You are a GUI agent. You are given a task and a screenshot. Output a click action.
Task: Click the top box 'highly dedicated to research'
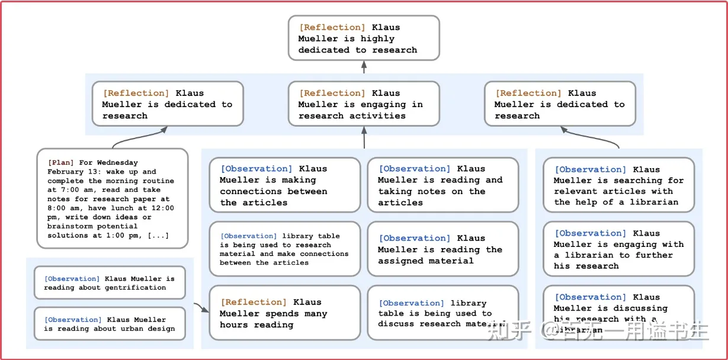click(364, 38)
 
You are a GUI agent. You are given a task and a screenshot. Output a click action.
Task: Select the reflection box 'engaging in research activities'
click(364, 104)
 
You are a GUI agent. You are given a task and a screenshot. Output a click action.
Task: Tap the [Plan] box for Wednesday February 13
click(112, 198)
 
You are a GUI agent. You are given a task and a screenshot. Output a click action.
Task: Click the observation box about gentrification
click(110, 283)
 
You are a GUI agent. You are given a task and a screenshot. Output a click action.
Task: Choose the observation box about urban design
click(110, 324)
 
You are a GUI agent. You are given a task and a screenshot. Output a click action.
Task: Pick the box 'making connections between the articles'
click(284, 185)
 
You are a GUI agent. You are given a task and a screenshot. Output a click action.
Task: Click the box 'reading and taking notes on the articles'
click(442, 185)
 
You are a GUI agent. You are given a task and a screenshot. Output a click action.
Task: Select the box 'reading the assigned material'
click(442, 249)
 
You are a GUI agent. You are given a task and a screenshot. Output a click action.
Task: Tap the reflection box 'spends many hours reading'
click(284, 313)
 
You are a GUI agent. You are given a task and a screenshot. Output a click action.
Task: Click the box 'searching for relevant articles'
click(618, 185)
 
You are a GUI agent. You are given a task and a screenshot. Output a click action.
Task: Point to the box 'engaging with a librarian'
click(618, 249)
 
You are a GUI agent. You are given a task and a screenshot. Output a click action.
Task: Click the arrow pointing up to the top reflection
click(364, 67)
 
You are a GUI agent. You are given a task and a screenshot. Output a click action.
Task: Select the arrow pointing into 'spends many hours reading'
click(202, 308)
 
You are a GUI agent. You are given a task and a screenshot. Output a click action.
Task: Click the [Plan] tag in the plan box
click(61, 163)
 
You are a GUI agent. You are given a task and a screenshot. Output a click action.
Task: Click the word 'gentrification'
click(136, 288)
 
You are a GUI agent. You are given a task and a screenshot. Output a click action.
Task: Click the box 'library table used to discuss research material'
click(442, 313)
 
